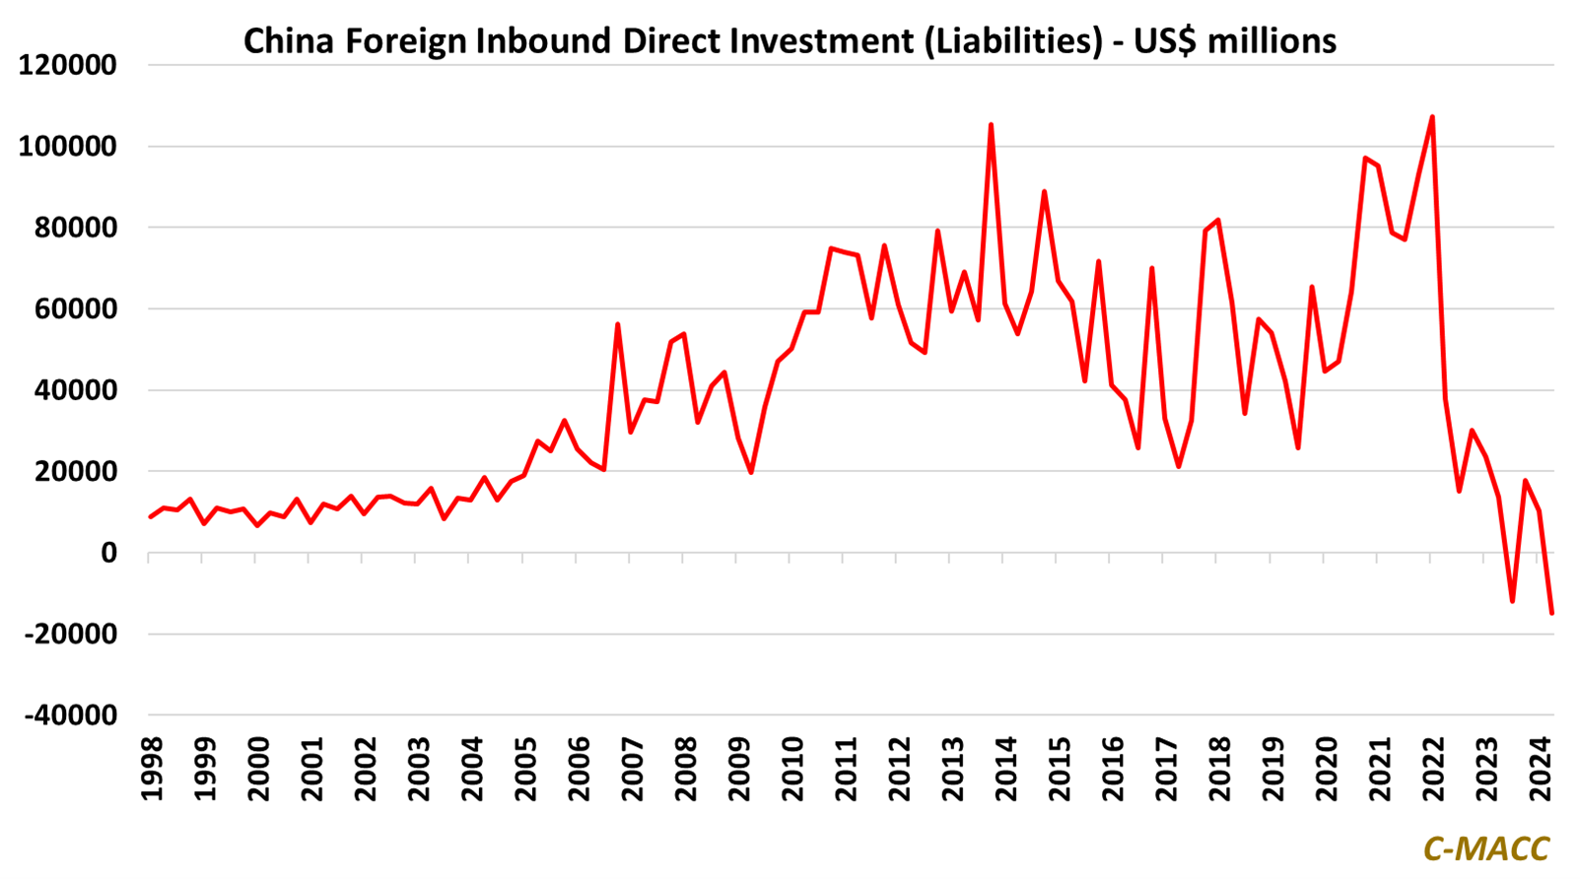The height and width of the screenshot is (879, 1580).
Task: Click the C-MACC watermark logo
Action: [x=1485, y=848]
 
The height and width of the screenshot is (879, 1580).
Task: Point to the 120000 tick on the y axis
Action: [x=67, y=66]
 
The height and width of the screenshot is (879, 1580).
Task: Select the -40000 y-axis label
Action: [x=70, y=715]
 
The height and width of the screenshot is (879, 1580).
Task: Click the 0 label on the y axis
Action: [x=107, y=554]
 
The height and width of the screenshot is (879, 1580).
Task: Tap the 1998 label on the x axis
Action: [x=151, y=767]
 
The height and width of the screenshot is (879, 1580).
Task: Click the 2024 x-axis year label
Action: [x=1541, y=767]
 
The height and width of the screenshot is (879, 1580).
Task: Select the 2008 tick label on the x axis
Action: [x=685, y=767]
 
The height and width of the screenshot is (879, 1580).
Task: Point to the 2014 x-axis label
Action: [x=1005, y=767]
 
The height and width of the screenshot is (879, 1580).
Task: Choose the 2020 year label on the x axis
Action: [x=1326, y=767]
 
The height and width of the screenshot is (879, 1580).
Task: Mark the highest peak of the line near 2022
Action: [x=1431, y=117]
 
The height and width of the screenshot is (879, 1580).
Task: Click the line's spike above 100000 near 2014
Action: [x=991, y=125]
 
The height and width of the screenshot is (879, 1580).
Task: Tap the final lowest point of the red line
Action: [x=1551, y=613]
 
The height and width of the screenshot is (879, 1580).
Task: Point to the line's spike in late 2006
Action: [x=617, y=324]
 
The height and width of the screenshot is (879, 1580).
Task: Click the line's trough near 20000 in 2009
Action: [x=751, y=472]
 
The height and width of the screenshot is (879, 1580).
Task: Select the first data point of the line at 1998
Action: [x=150, y=517]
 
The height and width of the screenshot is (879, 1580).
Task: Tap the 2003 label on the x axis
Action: [x=418, y=767]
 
